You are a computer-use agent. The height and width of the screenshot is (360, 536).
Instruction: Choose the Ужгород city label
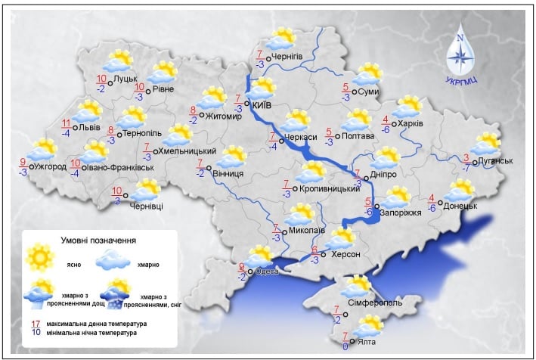pos(54,166)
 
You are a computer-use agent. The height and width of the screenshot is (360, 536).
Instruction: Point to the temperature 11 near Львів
pos(66,124)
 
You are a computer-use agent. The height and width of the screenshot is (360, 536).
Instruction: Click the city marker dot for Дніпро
pos(367,178)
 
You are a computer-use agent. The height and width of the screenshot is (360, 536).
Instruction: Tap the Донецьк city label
pos(460,205)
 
